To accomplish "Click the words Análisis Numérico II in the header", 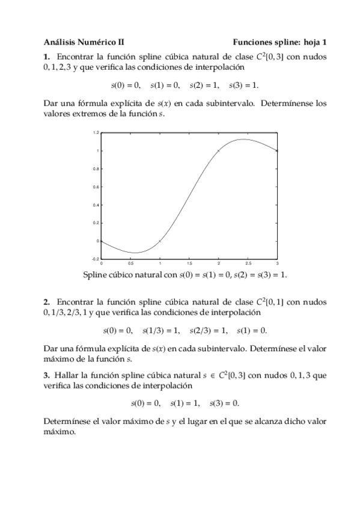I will pyautogui.click(x=84, y=43).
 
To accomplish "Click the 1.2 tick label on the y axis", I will pyautogui.click(x=96, y=133).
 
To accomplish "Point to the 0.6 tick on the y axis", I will pyautogui.click(x=96, y=186).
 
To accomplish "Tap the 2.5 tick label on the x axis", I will pyautogui.click(x=248, y=263).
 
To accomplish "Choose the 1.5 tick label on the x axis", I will pyautogui.click(x=189, y=263).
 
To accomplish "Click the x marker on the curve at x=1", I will pyautogui.click(x=159, y=241).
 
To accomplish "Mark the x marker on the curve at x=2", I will pyautogui.click(x=218, y=150).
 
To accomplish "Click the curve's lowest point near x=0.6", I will pyautogui.click(x=135, y=253).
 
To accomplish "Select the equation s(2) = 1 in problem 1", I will pyautogui.click(x=204, y=85).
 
